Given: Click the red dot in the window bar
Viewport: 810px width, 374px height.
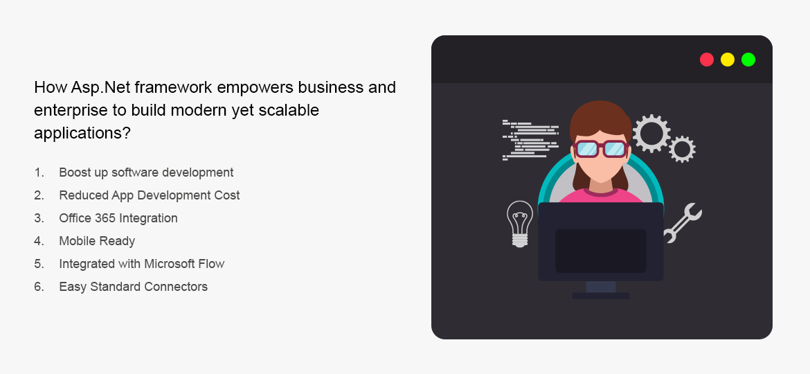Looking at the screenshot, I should coord(706,60).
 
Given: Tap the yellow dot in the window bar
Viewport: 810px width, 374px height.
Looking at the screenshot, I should coord(727,60).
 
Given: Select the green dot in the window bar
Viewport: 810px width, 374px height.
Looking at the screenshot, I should coord(748,60).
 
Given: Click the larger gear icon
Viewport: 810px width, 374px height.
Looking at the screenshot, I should coord(651,133).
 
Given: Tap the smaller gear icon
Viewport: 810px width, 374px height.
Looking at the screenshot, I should coord(682,149).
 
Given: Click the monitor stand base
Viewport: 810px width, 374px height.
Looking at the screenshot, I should coord(600,296).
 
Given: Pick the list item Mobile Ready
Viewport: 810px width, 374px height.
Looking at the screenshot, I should coord(97,241).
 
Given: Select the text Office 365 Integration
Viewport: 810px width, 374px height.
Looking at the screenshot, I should coord(118,218).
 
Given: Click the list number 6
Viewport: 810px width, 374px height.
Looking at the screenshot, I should coord(39,287).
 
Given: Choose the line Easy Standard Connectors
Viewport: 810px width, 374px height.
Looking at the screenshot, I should coord(133,287).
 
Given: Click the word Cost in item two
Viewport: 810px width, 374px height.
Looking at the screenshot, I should coord(226,195).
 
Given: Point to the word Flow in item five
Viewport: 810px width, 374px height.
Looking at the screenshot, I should coord(210,264).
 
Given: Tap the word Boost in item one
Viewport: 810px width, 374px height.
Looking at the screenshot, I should coord(75,172).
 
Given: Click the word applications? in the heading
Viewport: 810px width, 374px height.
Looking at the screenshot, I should coord(82,132).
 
